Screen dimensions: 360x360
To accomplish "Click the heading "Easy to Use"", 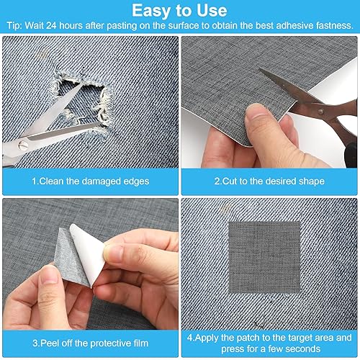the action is pyautogui.click(x=179, y=11).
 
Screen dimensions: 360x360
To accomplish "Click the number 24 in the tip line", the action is pyautogui.click(x=51, y=25).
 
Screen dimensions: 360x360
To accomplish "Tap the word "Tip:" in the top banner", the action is pyautogui.click(x=14, y=25).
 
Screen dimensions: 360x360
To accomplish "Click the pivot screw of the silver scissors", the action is pyautogui.click(x=22, y=145).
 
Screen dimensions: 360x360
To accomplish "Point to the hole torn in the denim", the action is pyautogui.click(x=81, y=99).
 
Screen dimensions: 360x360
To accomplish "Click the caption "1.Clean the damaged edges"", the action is pyautogui.click(x=91, y=181).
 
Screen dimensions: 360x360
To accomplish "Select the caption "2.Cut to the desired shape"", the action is pyautogui.click(x=269, y=181).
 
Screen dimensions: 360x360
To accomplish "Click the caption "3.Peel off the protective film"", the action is pyautogui.click(x=91, y=343).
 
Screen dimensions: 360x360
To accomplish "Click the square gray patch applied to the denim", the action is pyautogui.click(x=264, y=257).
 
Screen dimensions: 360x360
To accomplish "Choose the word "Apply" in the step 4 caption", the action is pyautogui.click(x=206, y=338).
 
